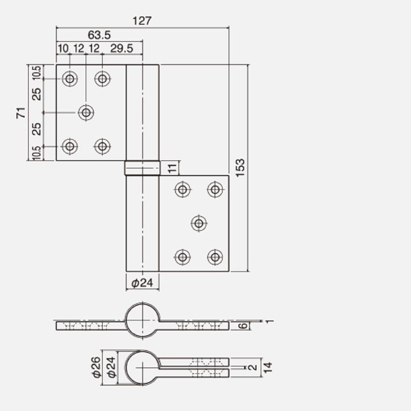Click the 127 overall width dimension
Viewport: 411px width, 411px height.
[x=142, y=21]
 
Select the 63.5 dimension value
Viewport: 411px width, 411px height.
[x=99, y=35]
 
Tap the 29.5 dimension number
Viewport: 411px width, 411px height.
[x=122, y=48]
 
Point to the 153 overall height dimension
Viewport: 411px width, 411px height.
[x=240, y=168]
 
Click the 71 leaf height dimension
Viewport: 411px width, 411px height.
[x=21, y=113]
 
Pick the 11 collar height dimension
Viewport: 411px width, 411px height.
[x=173, y=168]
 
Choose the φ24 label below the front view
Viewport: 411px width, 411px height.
[x=142, y=283]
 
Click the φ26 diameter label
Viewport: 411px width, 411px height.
[x=97, y=367]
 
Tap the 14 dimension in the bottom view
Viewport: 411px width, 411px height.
[x=268, y=367]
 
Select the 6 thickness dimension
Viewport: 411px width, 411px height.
[x=243, y=326]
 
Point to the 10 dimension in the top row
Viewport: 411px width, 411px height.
[x=63, y=48]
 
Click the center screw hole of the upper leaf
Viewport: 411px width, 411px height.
[x=86, y=113]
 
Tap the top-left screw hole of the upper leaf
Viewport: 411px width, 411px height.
[x=70, y=79]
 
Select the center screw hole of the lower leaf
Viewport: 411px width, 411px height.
[x=199, y=223]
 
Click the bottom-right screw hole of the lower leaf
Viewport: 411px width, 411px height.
[x=215, y=257]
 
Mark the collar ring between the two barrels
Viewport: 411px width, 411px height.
[x=142, y=168]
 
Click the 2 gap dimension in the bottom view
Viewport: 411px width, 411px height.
[x=253, y=367]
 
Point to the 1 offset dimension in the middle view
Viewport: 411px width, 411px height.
[x=270, y=321]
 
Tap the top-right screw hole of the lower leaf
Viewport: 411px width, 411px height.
[x=215, y=189]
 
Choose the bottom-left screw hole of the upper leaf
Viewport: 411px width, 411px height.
[x=70, y=146]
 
